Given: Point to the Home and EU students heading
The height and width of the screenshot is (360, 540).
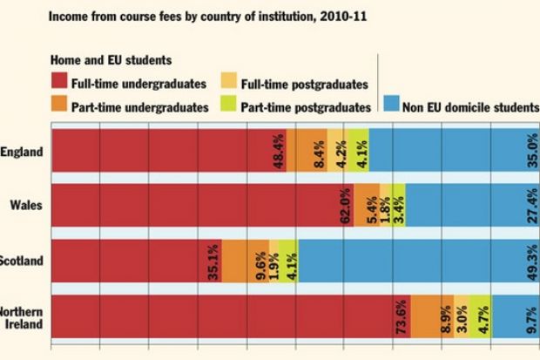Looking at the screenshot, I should (x=108, y=60).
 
